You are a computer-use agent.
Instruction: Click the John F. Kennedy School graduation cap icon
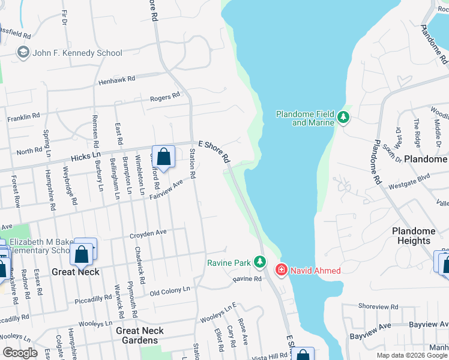click(23, 53)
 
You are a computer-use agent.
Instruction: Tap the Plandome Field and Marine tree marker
click(343, 117)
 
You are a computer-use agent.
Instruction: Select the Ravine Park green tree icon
click(259, 262)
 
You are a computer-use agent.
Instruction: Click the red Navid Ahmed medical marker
click(280, 271)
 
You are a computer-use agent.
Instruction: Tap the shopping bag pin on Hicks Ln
click(163, 158)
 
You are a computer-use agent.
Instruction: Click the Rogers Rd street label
click(165, 97)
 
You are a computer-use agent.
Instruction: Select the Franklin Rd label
click(23, 117)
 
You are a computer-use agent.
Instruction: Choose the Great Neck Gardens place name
click(140, 335)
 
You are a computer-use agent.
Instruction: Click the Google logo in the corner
click(20, 353)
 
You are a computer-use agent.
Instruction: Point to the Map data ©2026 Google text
click(411, 355)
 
